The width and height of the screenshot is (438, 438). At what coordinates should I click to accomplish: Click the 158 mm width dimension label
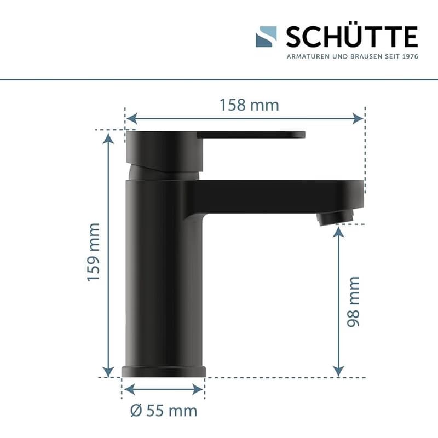coord(249,105)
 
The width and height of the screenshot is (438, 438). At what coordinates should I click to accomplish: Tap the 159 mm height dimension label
coord(94,252)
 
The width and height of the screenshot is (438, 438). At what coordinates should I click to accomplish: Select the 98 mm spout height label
coord(353,302)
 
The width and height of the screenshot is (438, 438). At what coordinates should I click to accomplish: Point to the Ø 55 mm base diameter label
coord(164,411)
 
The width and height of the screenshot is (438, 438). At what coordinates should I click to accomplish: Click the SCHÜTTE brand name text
coord(351,37)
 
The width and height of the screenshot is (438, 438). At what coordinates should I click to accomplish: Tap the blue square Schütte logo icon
coord(266,37)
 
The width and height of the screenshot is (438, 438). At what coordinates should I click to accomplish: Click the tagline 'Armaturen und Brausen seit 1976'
coord(353,56)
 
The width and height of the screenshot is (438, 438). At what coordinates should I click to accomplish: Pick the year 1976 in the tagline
coord(410,56)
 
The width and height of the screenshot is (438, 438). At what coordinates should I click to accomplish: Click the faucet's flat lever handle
coord(251,135)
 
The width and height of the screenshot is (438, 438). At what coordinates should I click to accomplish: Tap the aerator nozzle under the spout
coord(336,218)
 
